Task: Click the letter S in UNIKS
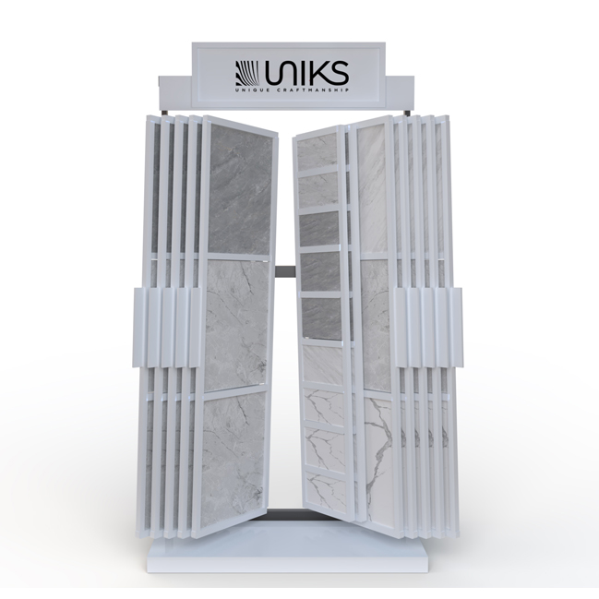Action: point(337,71)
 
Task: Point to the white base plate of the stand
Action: point(299,562)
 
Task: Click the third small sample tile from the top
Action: point(320,230)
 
